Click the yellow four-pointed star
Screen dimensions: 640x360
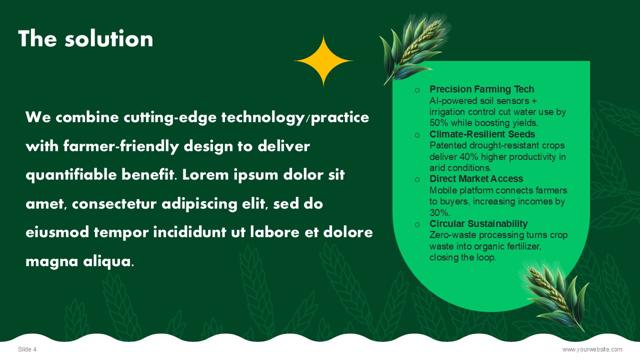click(x=323, y=61)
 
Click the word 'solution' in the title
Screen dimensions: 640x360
click(x=109, y=38)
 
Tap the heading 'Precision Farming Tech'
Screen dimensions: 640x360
click(x=481, y=89)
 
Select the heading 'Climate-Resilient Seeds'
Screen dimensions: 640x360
click(x=482, y=134)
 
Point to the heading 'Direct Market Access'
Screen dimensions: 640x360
click(x=476, y=178)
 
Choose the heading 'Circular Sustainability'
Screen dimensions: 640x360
click(x=478, y=223)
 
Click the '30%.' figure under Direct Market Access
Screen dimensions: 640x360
click(x=439, y=212)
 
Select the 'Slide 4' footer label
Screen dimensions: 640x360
click(x=27, y=349)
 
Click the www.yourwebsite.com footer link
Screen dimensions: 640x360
click(x=592, y=349)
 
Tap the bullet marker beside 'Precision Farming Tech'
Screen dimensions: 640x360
click(x=417, y=90)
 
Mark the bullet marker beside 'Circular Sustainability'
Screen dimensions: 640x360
click(x=417, y=224)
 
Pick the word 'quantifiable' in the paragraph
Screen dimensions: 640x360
click(x=71, y=175)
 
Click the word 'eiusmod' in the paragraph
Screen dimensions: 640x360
click(x=57, y=232)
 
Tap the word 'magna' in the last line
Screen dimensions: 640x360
click(x=51, y=261)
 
